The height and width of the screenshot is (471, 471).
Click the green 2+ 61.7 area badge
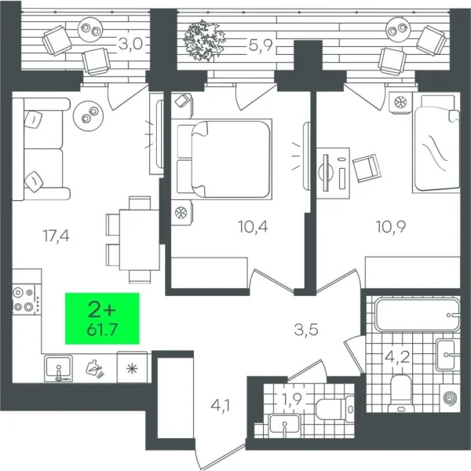click(101, 318)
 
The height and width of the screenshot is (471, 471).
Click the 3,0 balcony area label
click(130, 44)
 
